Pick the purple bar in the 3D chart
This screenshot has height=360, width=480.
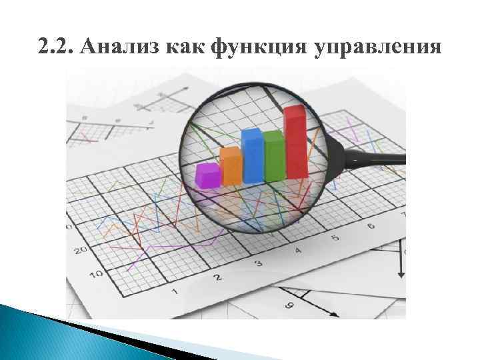[208, 175]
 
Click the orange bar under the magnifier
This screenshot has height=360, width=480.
[231, 166]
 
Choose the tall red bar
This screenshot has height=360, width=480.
[295, 142]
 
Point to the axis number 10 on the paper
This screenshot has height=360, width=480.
[95, 274]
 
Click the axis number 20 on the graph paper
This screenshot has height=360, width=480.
[81, 251]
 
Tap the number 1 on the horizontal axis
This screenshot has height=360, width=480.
[175, 292]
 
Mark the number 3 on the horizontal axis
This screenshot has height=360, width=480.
[259, 263]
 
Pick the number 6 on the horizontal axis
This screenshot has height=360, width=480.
[371, 226]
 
